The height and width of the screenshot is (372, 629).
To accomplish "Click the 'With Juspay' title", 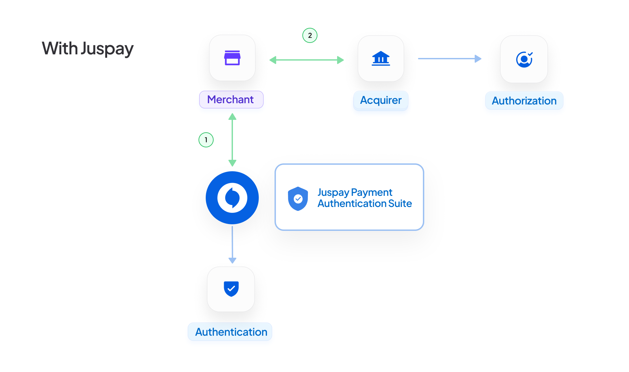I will coord(87,48).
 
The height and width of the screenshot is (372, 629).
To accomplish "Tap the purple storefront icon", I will coord(232,58).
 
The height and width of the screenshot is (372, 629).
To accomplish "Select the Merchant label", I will coord(231,100).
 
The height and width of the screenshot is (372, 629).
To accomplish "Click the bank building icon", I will coord(381,59).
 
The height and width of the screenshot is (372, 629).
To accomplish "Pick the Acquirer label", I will coord(381,100).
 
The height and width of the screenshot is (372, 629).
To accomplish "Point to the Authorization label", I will coord(524,101).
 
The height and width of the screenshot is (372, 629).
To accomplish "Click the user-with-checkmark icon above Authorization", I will coord(524,59).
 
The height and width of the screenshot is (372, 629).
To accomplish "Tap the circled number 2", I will coord(310,35).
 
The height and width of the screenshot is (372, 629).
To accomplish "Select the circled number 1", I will coord(206,140).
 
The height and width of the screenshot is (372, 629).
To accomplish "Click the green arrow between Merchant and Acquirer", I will coord(306,60).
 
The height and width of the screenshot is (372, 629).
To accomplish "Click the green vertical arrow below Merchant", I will coord(232,140).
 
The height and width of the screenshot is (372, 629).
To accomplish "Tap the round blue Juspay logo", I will coord(232,198).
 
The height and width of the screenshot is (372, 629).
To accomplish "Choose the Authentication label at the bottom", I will coord(231,332).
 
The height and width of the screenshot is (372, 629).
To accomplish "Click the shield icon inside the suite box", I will coord(298,198).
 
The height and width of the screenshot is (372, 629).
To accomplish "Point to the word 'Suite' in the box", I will coord(400,204).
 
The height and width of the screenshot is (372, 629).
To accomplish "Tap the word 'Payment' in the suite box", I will coord(372,193).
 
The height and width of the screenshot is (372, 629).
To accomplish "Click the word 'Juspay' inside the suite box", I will coord(333,193).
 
